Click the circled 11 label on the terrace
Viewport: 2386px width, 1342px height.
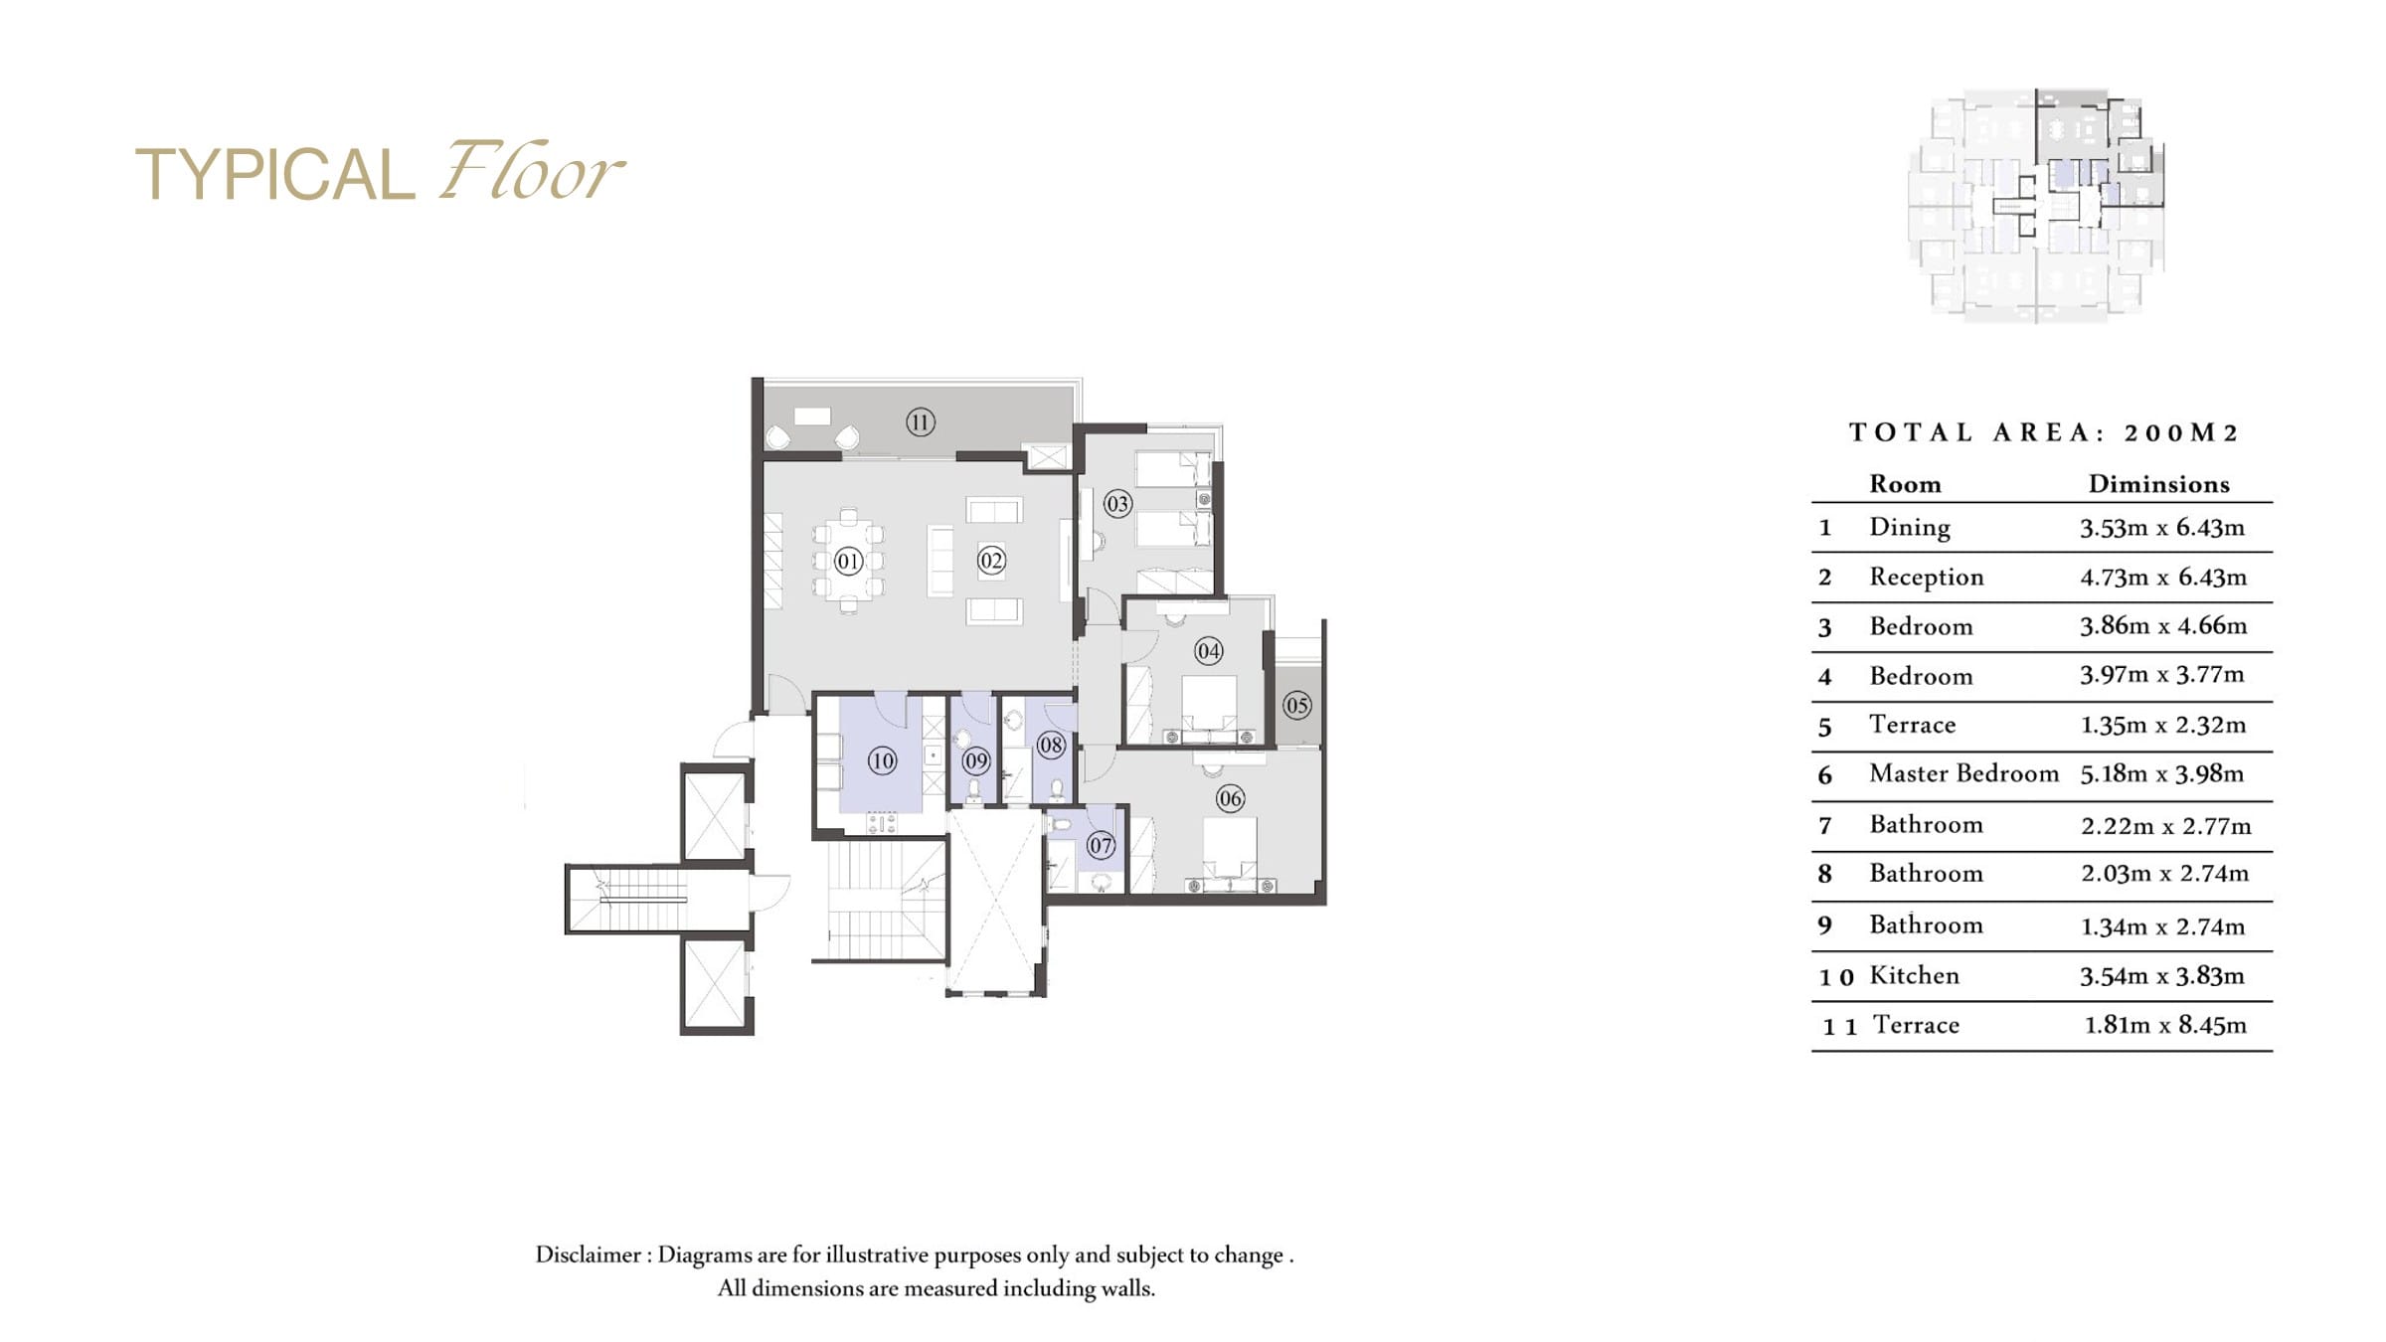(x=920, y=422)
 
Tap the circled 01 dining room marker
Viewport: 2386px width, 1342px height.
(x=848, y=562)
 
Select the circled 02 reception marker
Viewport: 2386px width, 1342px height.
(x=991, y=561)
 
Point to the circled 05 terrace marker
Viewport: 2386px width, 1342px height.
(x=1296, y=706)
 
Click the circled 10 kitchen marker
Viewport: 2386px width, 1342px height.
(x=882, y=761)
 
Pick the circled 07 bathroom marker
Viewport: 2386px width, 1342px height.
(x=1101, y=846)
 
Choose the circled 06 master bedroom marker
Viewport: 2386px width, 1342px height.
(x=1230, y=798)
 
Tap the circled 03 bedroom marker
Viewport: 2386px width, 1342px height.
(x=1117, y=504)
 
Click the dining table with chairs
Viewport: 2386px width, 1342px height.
(x=848, y=561)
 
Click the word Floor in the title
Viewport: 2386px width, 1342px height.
(x=533, y=171)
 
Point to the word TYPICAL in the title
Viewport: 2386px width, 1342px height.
(x=274, y=175)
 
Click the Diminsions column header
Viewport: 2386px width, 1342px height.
(x=2158, y=484)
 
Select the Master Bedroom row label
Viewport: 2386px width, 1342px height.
(x=1963, y=773)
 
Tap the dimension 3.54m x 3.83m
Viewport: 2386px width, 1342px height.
(x=2162, y=976)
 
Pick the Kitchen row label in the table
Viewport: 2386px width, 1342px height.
(x=1914, y=975)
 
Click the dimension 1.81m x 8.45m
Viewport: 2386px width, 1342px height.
(x=2165, y=1025)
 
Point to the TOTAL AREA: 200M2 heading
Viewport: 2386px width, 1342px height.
(x=2043, y=432)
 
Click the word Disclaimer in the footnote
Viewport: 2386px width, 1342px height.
(x=589, y=1255)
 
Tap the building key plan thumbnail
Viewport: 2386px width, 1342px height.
(x=2036, y=206)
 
